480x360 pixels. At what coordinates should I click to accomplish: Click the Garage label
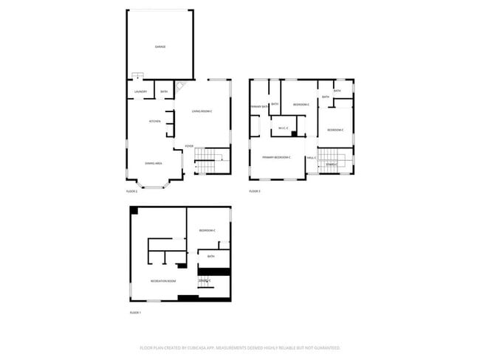[160, 46]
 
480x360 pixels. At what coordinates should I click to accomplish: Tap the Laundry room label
[140, 92]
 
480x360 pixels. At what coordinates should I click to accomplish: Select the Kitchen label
[155, 121]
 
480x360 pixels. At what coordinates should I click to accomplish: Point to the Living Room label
[202, 111]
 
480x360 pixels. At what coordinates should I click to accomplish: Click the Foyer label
[189, 146]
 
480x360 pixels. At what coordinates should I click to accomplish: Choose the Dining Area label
[154, 163]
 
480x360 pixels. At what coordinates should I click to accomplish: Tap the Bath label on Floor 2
[164, 92]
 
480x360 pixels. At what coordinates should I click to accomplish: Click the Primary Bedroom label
[276, 157]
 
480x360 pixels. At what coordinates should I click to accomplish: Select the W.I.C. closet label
[283, 129]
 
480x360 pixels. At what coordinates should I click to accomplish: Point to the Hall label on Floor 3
[311, 157]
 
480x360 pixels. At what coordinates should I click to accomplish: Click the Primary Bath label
[258, 107]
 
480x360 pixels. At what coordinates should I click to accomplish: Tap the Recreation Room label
[162, 281]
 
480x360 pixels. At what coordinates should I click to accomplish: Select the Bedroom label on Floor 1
[207, 231]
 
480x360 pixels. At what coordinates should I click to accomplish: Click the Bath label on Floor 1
[210, 257]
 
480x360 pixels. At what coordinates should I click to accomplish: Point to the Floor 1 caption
[135, 313]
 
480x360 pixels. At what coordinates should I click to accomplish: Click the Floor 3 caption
[254, 191]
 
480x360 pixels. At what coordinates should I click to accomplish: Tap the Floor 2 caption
[131, 191]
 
